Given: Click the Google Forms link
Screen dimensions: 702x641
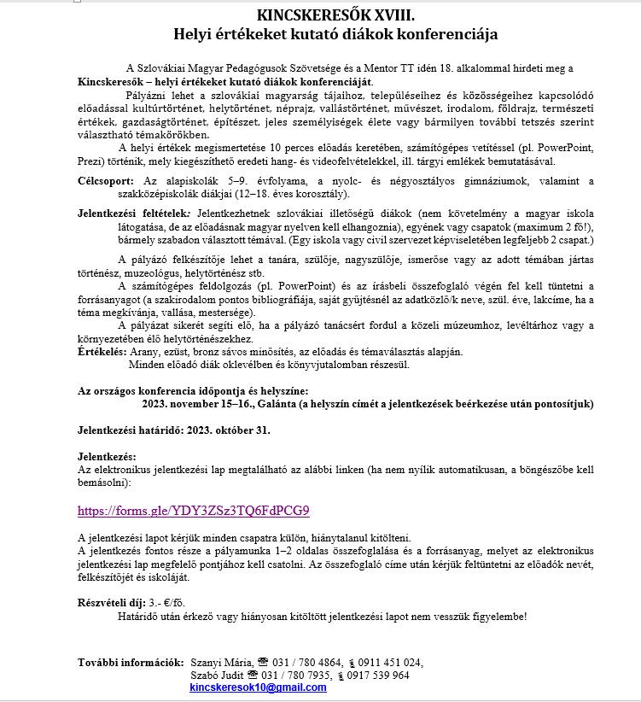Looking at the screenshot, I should pyautogui.click(x=193, y=511).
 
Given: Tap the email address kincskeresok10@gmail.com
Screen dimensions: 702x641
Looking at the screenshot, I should pyautogui.click(x=258, y=687).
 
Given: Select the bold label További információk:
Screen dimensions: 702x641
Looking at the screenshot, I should pyautogui.click(x=131, y=662).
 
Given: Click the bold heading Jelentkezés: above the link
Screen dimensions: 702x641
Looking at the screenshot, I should pyautogui.click(x=107, y=457).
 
